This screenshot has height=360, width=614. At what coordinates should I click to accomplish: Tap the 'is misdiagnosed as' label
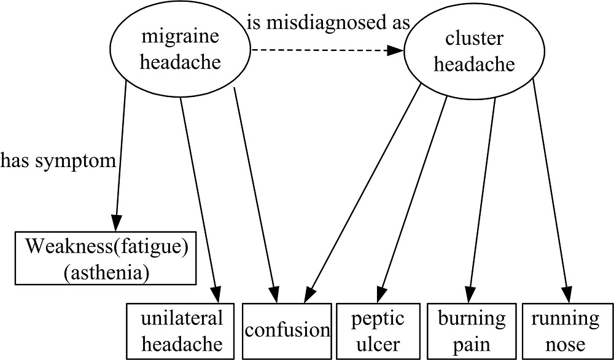click(x=328, y=23)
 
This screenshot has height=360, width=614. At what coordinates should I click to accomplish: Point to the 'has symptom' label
click(x=58, y=161)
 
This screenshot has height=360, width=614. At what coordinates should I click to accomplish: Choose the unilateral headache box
click(x=181, y=331)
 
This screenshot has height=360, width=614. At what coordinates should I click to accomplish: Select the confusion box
click(x=287, y=331)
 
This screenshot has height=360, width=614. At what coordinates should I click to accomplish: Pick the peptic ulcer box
click(x=378, y=331)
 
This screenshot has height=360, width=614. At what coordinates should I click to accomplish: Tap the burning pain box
click(x=472, y=331)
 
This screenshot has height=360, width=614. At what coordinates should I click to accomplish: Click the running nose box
click(x=565, y=331)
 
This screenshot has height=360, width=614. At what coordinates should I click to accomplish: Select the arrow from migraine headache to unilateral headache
click(x=198, y=190)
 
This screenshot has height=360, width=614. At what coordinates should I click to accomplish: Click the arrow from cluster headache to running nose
click(x=551, y=190)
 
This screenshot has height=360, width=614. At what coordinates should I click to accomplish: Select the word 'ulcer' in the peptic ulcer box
click(x=378, y=343)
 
